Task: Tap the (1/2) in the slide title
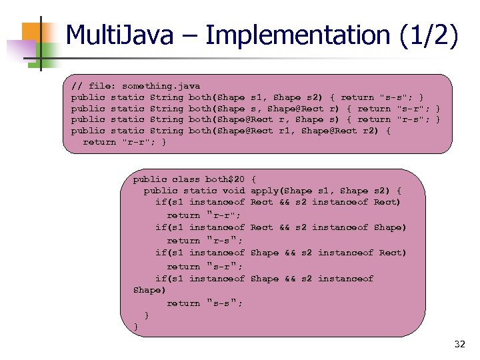click(430, 35)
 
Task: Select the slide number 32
click(459, 344)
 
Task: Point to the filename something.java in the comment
click(161, 86)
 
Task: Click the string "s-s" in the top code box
click(393, 97)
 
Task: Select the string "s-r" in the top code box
click(410, 109)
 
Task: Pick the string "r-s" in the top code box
click(410, 119)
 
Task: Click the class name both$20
click(225, 179)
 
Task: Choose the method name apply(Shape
click(277, 191)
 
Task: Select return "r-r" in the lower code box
click(203, 215)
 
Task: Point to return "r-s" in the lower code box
click(203, 240)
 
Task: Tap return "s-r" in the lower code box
click(203, 266)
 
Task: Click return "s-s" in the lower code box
click(203, 303)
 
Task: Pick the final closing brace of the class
click(136, 326)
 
